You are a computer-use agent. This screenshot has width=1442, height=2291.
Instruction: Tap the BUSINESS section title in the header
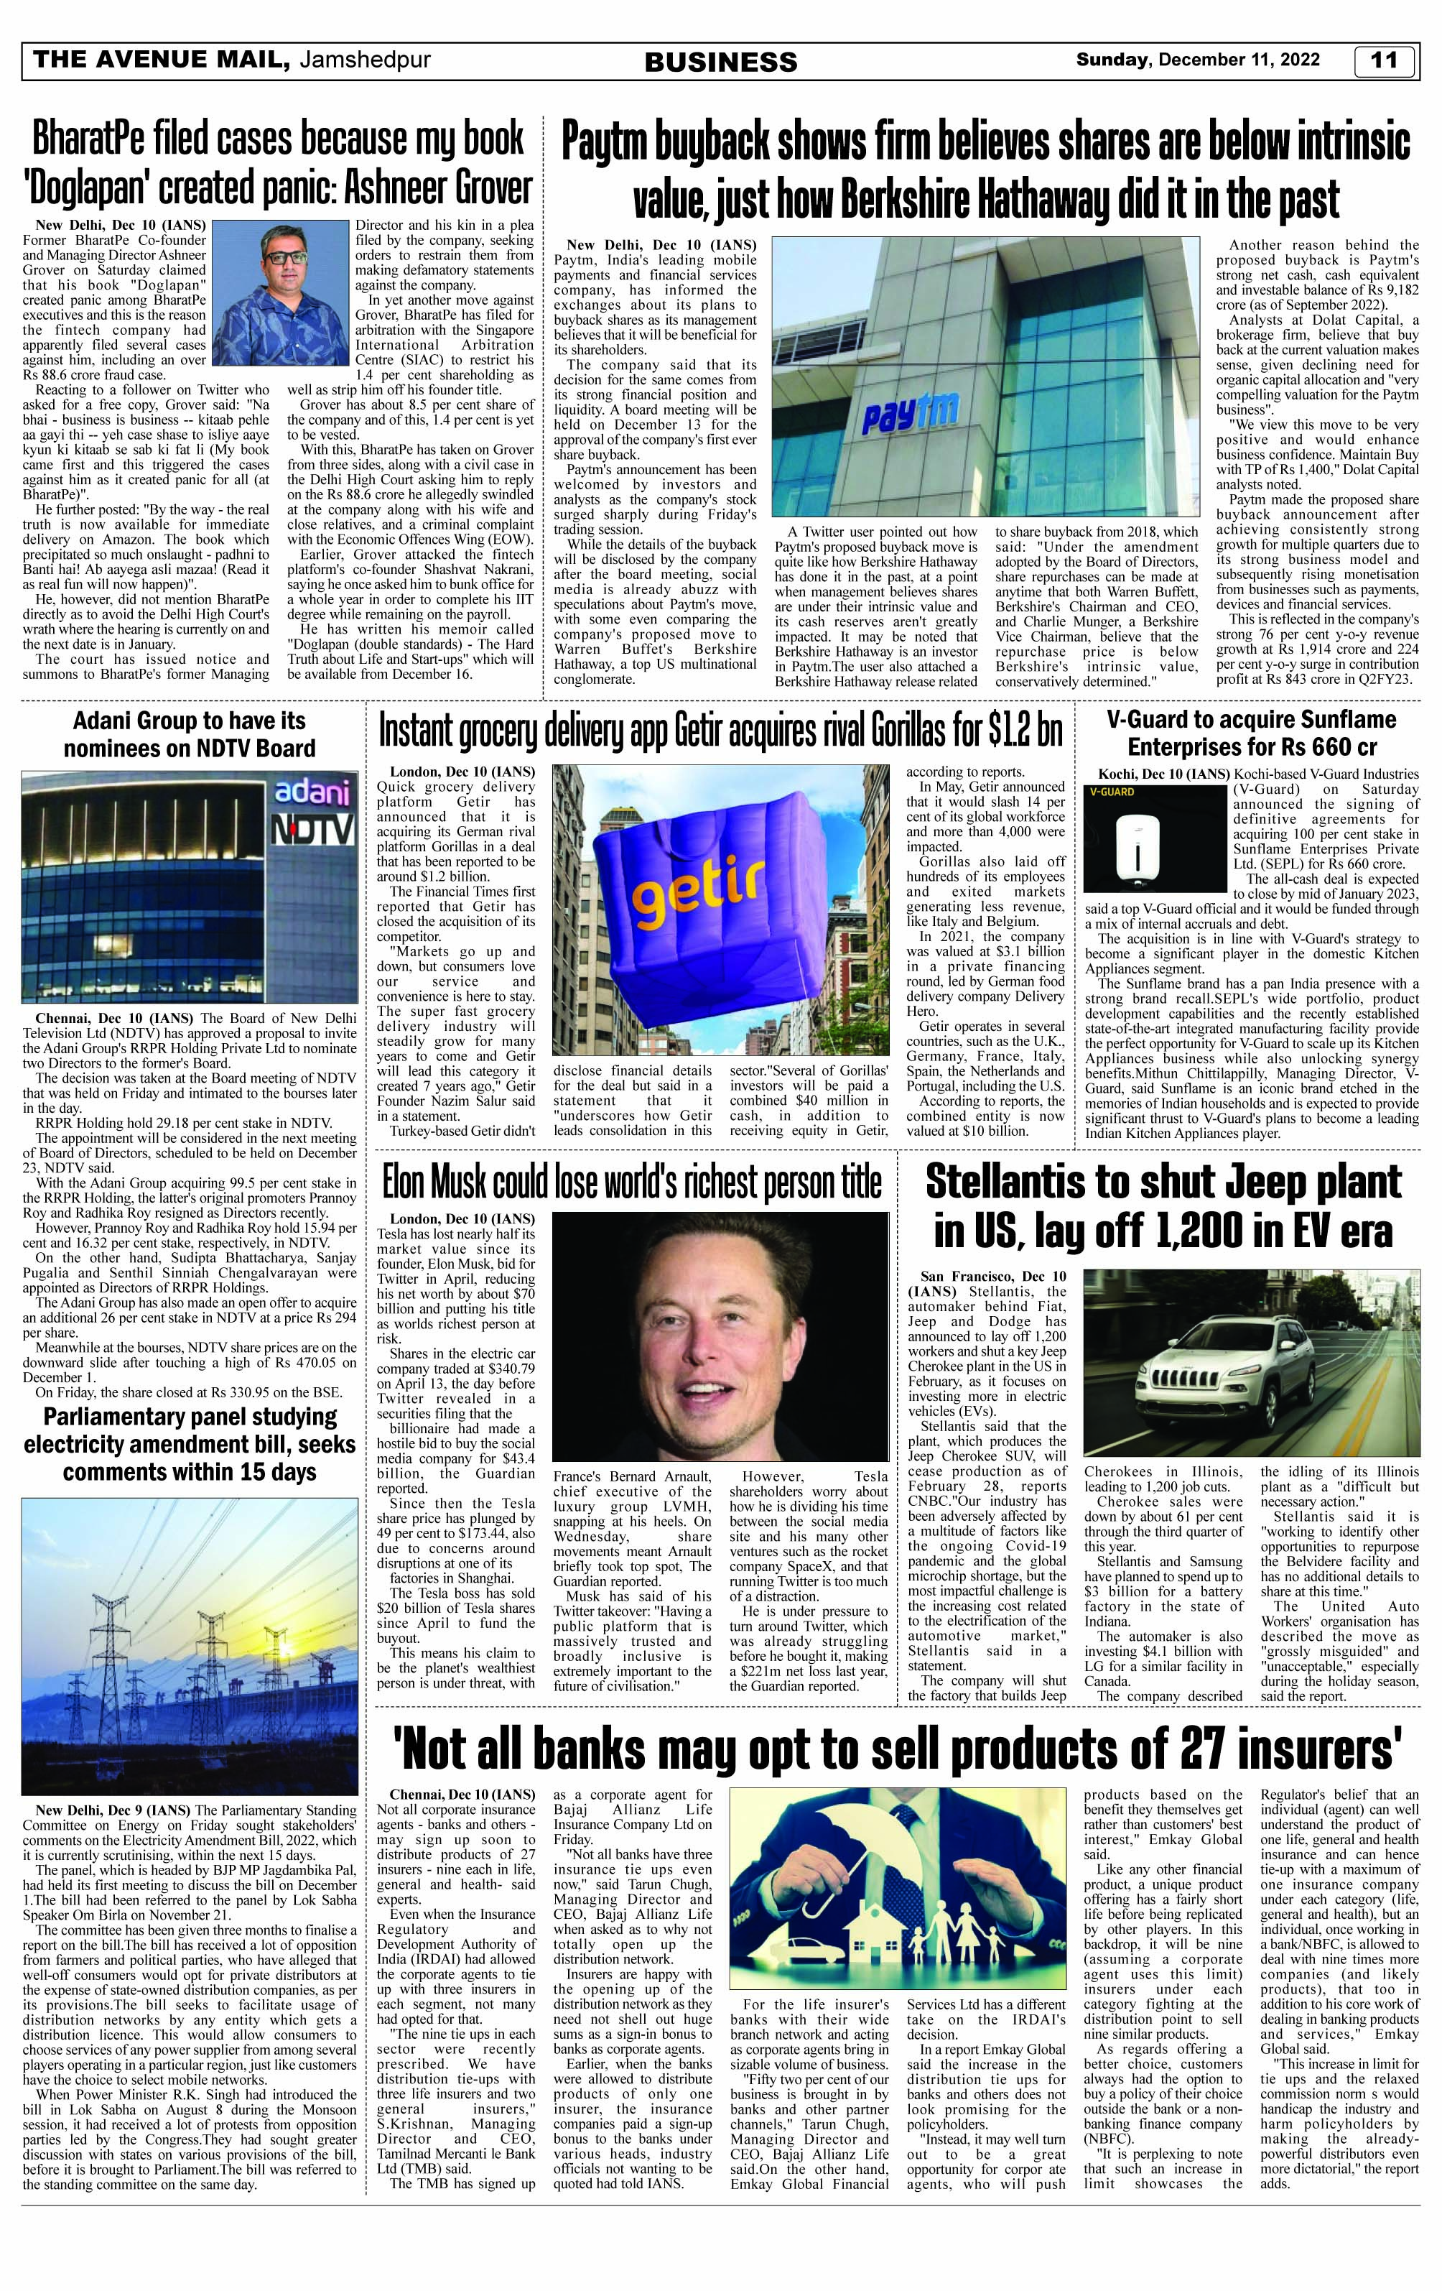coord(721,63)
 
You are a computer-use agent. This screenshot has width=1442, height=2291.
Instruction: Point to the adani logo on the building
coord(311,792)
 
